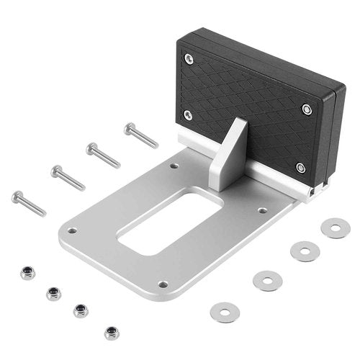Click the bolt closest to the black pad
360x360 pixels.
click(x=140, y=135)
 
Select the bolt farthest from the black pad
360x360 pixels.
click(x=28, y=203)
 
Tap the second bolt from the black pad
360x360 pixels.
click(x=103, y=155)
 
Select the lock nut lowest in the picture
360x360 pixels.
click(x=112, y=332)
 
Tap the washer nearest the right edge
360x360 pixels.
click(x=336, y=229)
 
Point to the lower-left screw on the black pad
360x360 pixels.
click(x=188, y=114)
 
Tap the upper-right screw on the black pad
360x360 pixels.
click(x=307, y=109)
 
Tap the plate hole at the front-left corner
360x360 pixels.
click(x=71, y=231)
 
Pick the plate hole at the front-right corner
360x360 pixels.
click(x=163, y=284)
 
